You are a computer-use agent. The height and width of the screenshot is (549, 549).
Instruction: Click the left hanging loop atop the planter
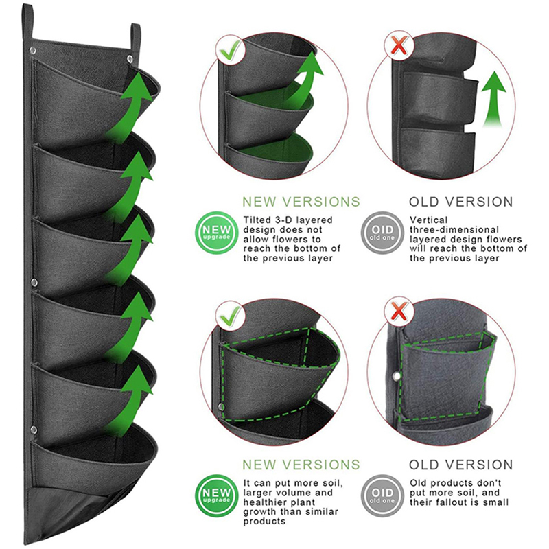click(28, 21)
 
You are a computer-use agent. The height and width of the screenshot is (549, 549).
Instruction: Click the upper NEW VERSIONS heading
click(301, 202)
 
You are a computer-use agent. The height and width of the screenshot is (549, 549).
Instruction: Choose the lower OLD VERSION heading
click(461, 465)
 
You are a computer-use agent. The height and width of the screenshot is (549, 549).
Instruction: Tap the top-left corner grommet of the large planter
click(32, 51)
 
